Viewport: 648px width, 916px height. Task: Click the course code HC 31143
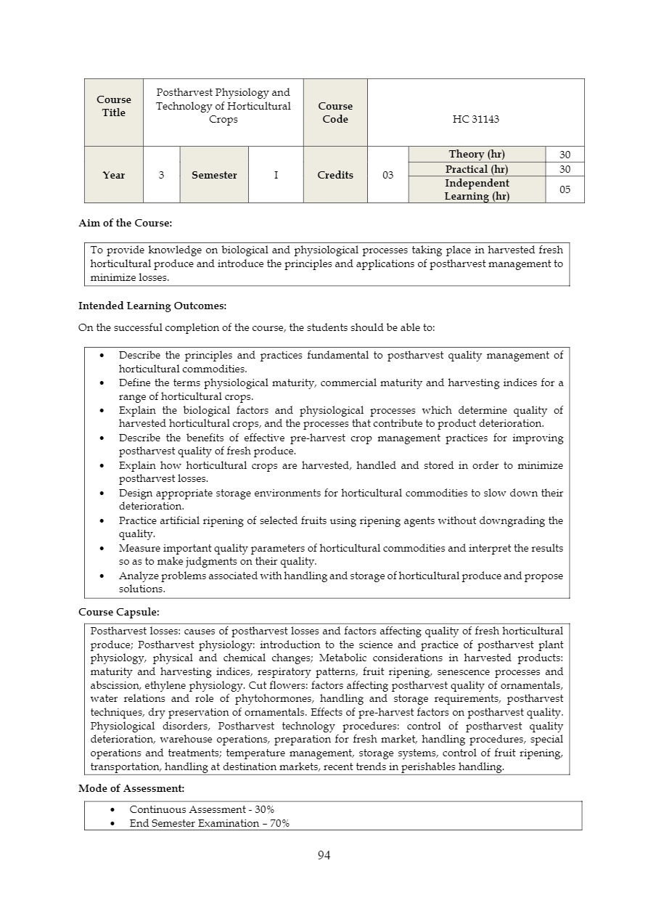click(475, 119)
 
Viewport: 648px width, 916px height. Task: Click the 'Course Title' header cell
click(114, 106)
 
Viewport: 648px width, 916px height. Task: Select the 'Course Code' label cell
click(335, 113)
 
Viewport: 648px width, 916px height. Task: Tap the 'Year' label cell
click(114, 175)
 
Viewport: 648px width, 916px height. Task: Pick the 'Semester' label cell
click(214, 175)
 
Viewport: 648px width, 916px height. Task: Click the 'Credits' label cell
click(335, 175)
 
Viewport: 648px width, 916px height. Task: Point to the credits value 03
click(388, 175)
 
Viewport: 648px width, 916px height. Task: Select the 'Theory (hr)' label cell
click(477, 154)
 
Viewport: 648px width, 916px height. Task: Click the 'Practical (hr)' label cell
click(477, 169)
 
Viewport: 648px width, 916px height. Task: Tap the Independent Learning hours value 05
click(565, 189)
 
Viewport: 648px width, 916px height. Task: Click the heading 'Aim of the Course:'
click(125, 223)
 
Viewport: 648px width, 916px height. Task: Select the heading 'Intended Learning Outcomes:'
click(152, 306)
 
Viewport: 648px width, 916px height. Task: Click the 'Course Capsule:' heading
click(118, 612)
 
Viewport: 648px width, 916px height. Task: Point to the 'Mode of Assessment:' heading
click(131, 788)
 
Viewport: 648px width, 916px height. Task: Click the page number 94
click(324, 855)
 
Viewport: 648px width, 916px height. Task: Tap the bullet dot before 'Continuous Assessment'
click(112, 809)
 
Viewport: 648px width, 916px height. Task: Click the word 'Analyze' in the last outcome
click(138, 576)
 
